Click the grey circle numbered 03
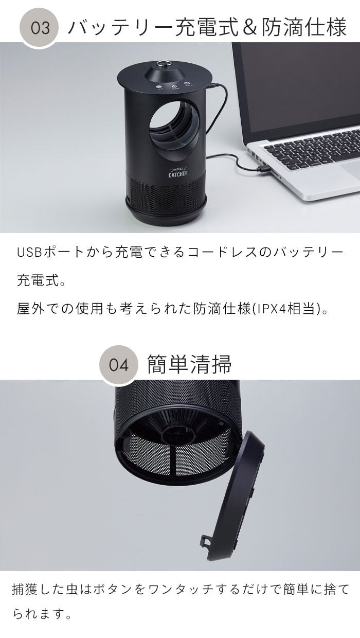pos(39,28)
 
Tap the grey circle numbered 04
pos(119,365)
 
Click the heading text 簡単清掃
pos(189,364)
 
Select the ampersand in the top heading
pos(249,27)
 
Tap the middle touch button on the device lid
pos(174,86)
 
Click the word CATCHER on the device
pos(178,174)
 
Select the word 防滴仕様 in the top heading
pos(304,27)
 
